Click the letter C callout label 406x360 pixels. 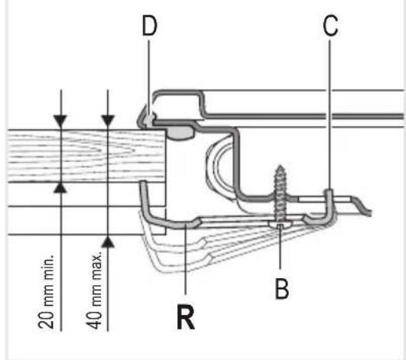tap(330, 25)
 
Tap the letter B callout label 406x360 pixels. tap(281, 289)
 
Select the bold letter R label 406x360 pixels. tap(186, 316)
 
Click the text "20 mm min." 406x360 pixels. tap(47, 291)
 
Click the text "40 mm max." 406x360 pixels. tap(94, 290)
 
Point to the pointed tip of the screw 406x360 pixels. tap(280, 167)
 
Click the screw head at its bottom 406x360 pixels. tap(280, 224)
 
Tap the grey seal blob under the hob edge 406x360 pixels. tap(180, 133)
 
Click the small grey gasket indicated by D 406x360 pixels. tap(148, 120)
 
